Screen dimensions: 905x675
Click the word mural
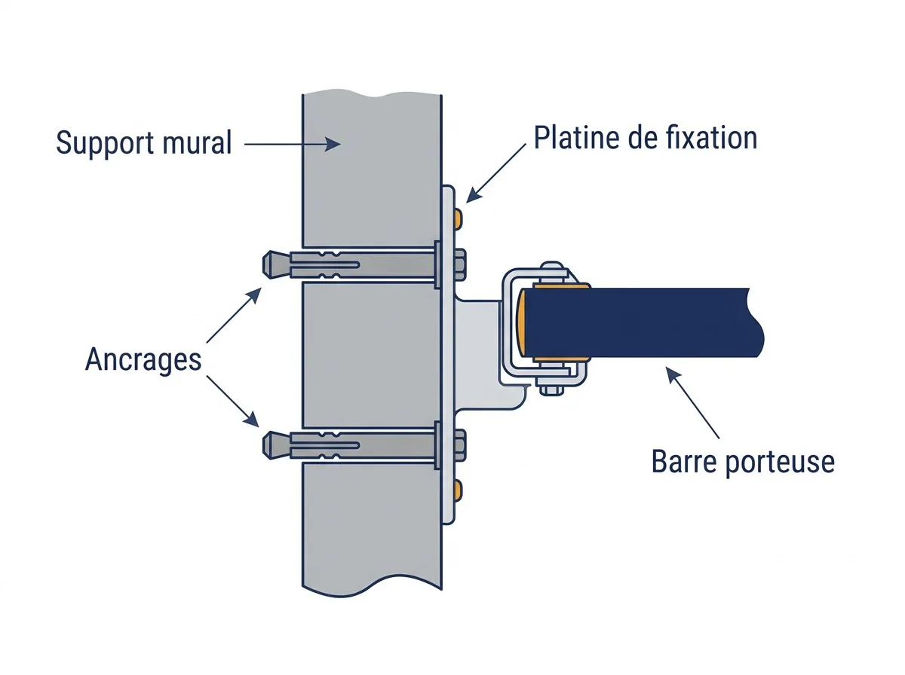197,142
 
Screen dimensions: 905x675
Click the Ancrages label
143,360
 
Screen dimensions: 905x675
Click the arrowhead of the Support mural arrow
333,144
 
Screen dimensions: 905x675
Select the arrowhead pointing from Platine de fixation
474,195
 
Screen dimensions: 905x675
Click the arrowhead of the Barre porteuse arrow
673,375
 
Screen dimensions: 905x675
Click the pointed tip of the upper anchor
264,264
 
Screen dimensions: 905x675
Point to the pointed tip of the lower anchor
264,445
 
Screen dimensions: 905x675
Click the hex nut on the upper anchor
460,265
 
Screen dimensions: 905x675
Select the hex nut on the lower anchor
460,446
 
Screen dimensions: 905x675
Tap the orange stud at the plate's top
458,219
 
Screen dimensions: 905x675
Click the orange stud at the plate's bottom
458,491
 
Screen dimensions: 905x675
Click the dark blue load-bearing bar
643,322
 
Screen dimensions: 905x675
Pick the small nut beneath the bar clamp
551,390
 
